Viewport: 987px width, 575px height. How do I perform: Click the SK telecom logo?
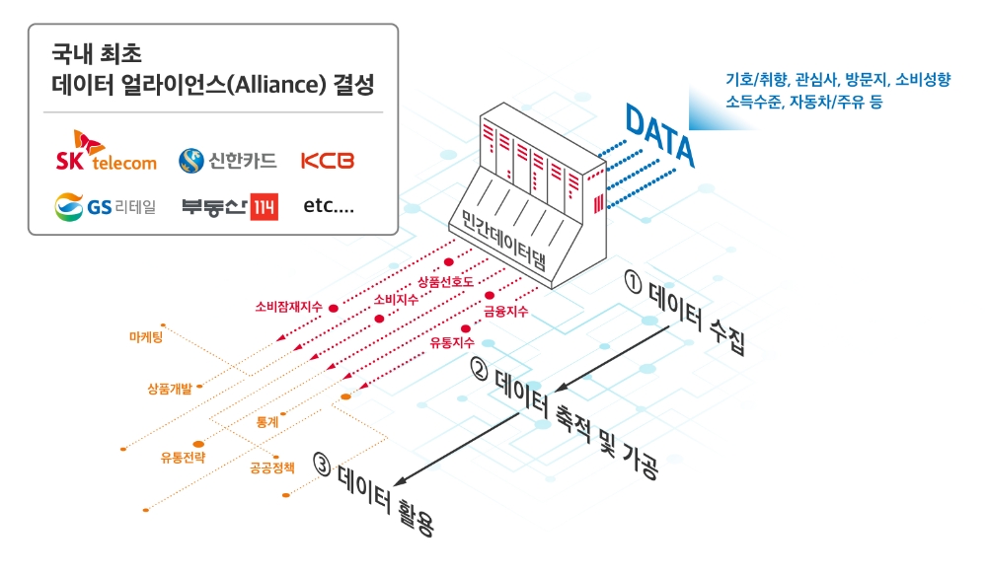[x=107, y=154]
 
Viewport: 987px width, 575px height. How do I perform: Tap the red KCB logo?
[x=327, y=160]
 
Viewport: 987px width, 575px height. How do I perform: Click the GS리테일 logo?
[x=106, y=207]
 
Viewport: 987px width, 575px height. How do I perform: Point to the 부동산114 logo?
[x=229, y=207]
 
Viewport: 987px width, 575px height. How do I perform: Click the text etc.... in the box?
[x=329, y=207]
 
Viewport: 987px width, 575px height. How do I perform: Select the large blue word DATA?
[x=660, y=138]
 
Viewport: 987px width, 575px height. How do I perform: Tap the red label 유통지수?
[x=452, y=341]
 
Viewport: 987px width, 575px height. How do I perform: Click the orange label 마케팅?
[x=146, y=337]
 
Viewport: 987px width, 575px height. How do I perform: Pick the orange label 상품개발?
[x=169, y=388]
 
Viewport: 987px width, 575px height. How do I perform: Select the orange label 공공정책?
[x=272, y=467]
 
